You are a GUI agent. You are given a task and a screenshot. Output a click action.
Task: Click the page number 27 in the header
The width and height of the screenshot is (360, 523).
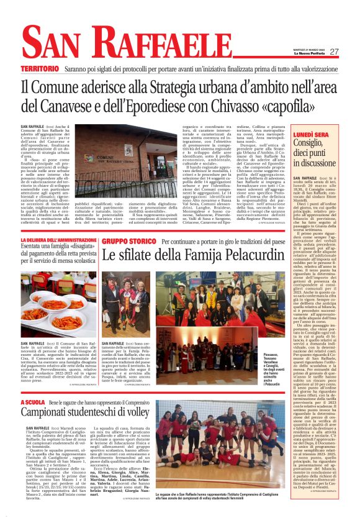pos(334,52)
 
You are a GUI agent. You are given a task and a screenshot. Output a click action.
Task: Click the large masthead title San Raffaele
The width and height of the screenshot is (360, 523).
pos(118,40)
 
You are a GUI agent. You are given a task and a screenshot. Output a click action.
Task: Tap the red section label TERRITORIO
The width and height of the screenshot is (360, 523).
pos(42,68)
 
